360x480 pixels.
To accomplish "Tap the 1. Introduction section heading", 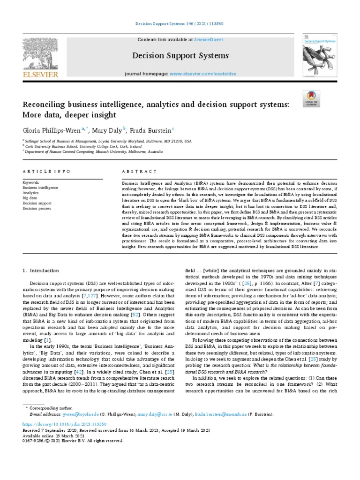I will (x=41, y=270).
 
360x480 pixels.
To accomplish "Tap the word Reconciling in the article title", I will (x=45, y=103).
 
